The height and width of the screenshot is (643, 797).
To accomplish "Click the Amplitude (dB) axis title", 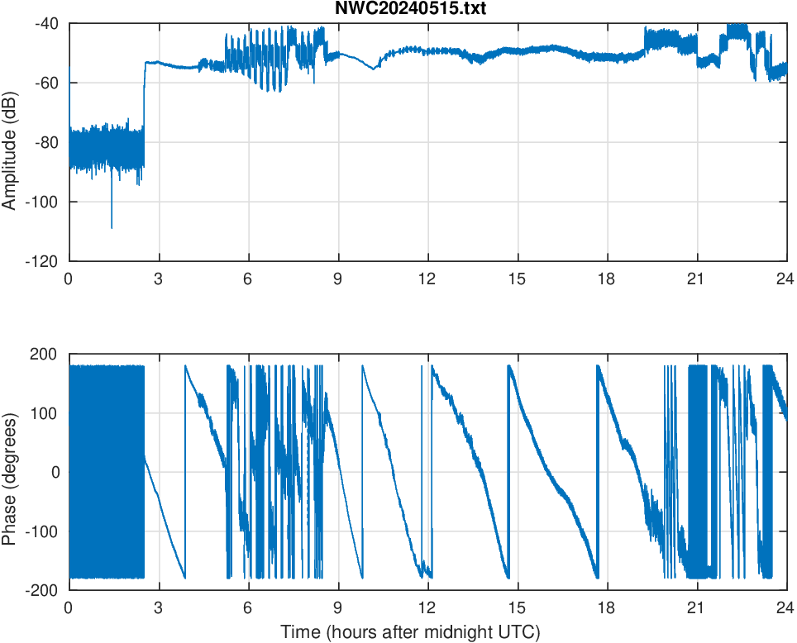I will click(10, 142).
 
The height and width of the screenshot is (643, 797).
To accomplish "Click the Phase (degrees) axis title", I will click(10, 472).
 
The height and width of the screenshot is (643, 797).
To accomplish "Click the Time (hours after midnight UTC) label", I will click(410, 632).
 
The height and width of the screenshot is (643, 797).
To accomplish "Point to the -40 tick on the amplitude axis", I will click(46, 23).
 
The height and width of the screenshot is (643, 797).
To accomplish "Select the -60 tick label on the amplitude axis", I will click(46, 83).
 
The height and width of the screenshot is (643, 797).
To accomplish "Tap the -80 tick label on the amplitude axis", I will click(46, 142).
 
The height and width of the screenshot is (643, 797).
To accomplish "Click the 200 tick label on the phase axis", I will click(45, 354).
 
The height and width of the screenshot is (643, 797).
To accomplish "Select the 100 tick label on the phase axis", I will click(45, 413).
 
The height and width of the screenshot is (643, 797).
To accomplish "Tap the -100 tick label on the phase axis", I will click(43, 531).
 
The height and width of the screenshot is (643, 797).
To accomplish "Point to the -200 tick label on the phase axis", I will click(43, 590).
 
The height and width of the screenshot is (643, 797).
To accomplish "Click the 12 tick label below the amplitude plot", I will click(427, 279).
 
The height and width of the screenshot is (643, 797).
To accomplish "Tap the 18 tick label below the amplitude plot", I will click(607, 279).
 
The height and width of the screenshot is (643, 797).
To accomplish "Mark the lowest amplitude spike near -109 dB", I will click(112, 226).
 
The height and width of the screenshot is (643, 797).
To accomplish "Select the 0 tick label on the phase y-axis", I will click(54, 472).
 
